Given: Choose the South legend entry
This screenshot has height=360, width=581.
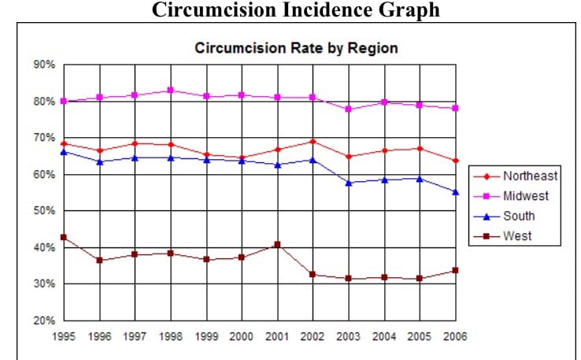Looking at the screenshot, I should tap(519, 216).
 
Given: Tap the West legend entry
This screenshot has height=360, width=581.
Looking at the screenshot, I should tap(517, 236).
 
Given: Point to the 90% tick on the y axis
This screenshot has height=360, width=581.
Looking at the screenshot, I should tap(44, 65).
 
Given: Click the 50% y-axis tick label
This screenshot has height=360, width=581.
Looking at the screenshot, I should tap(44, 211).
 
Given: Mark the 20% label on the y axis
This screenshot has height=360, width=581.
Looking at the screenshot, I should tap(44, 321).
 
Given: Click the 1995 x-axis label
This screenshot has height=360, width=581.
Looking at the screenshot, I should tap(63, 336).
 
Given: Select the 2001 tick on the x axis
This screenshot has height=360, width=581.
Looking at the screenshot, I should tap(277, 336).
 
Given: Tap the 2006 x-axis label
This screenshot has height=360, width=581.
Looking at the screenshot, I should tap(454, 336).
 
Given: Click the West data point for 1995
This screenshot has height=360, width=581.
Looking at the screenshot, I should tap(64, 237).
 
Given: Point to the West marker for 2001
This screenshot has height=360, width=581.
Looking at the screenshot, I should tap(277, 244).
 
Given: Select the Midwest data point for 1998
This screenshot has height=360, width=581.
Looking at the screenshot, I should tap(170, 91).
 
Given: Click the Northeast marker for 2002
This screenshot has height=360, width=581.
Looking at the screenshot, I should tap(313, 142).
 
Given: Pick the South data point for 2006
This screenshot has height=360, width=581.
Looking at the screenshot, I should tap(454, 192).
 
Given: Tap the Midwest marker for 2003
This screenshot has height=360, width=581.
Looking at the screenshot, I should tap(348, 109).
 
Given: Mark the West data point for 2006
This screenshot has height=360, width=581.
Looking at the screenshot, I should tap(454, 271).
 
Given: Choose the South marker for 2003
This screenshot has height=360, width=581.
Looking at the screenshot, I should tap(348, 183).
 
